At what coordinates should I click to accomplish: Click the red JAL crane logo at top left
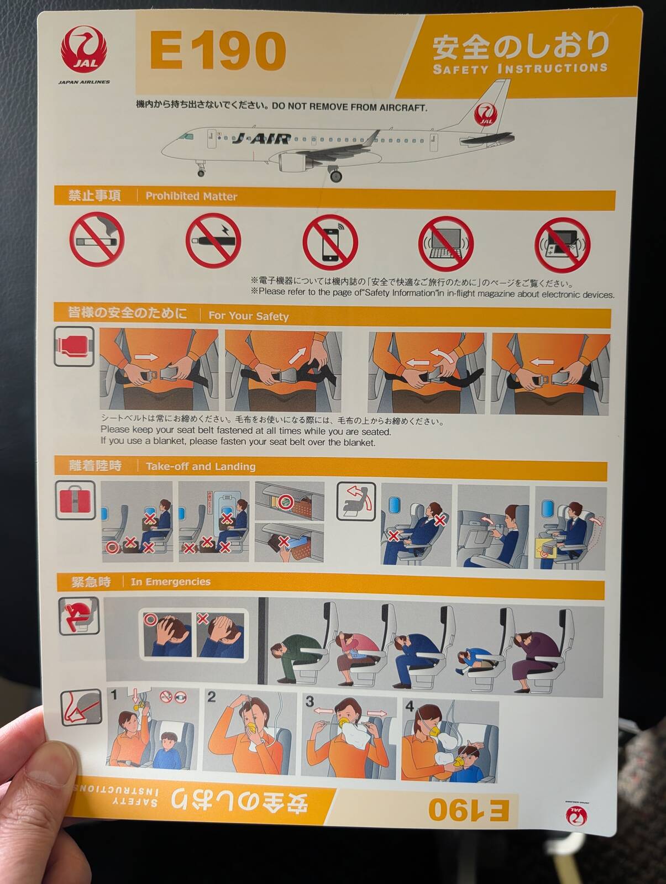click(x=84, y=50)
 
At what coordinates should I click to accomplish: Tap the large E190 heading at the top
click(x=218, y=51)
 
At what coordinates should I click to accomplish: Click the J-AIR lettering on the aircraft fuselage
click(x=261, y=139)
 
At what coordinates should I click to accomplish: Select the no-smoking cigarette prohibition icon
click(x=97, y=240)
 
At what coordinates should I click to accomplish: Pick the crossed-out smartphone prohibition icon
click(x=330, y=243)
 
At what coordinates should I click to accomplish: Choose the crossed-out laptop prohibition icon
click(x=445, y=244)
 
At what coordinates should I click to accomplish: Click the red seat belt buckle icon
click(x=74, y=346)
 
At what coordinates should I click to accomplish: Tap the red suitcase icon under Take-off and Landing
click(x=75, y=500)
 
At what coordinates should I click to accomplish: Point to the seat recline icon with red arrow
click(x=356, y=502)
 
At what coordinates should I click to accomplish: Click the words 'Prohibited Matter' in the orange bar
click(x=191, y=196)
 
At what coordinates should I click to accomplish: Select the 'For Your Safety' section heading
click(x=249, y=316)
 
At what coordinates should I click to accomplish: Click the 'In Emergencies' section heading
click(x=171, y=582)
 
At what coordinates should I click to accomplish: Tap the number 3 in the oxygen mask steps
click(x=310, y=701)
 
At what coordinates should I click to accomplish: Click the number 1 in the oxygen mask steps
click(x=114, y=694)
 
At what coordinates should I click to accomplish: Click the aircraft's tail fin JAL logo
click(x=485, y=114)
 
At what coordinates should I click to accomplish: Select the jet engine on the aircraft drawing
click(x=294, y=160)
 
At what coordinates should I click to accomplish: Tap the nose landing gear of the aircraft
click(x=200, y=169)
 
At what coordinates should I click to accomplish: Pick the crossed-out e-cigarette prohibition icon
click(x=213, y=240)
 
